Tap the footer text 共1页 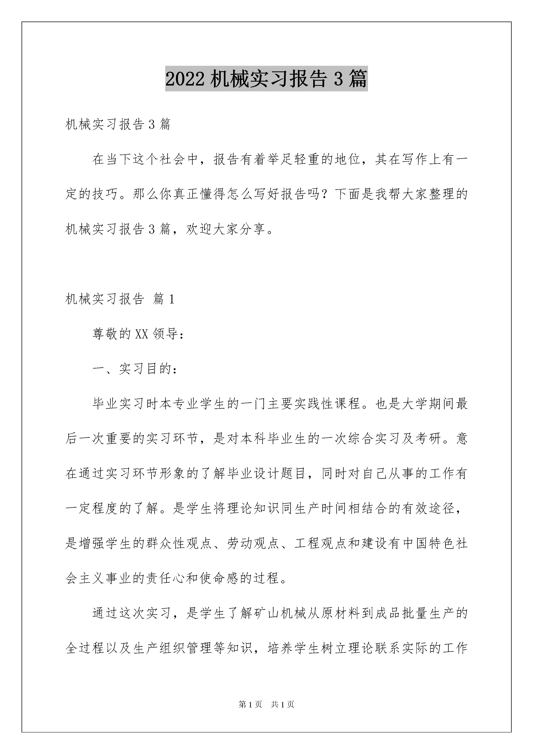[x=282, y=704]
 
